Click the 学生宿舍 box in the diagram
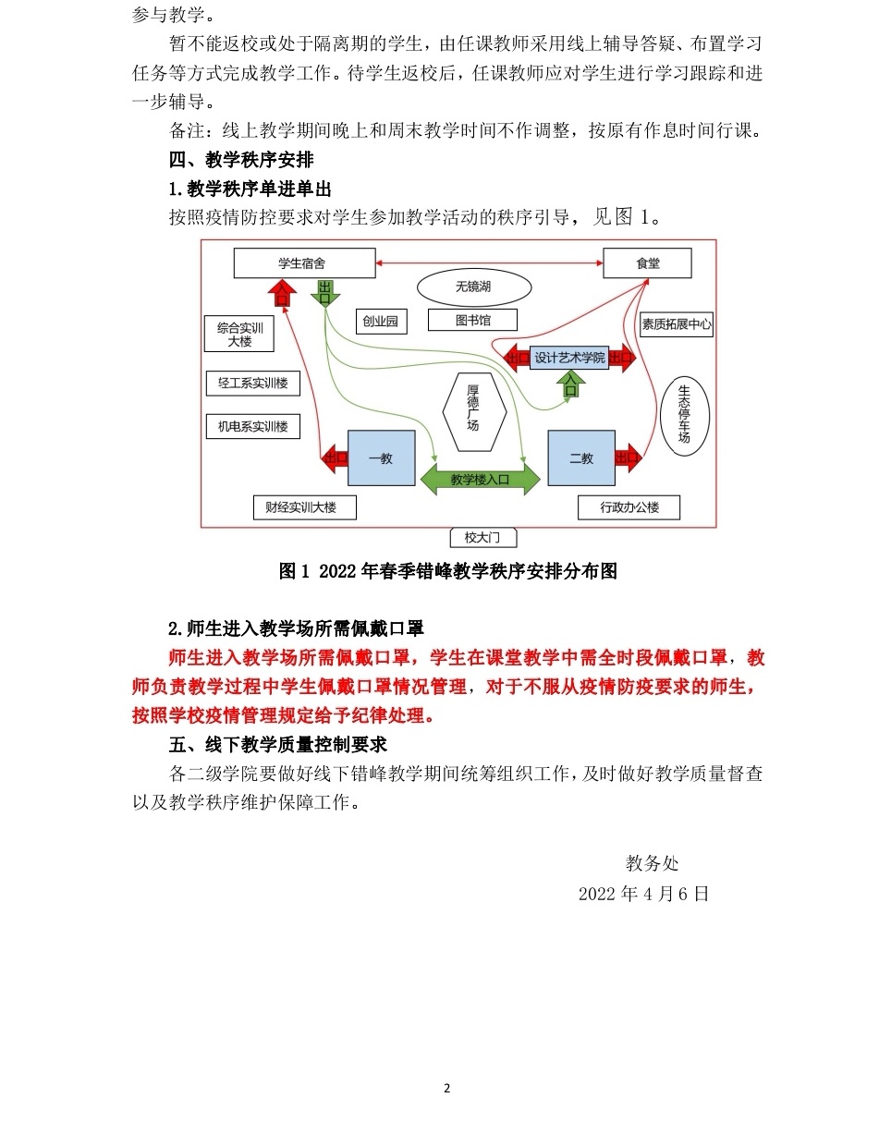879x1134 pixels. (301, 264)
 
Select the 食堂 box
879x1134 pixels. (648, 264)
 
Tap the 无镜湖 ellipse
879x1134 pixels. (472, 287)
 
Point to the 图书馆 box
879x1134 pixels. (472, 321)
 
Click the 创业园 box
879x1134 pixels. (380, 321)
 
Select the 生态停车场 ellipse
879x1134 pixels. (684, 412)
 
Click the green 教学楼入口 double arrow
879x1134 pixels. (480, 480)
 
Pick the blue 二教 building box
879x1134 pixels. (580, 457)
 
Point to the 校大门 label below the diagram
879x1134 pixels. (477, 537)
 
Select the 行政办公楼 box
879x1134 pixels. (629, 506)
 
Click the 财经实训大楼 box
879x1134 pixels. (304, 506)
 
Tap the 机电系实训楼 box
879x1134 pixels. (252, 426)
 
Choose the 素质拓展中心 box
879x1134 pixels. (676, 324)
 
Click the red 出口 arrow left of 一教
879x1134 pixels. (333, 457)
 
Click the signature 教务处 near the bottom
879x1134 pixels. (652, 863)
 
